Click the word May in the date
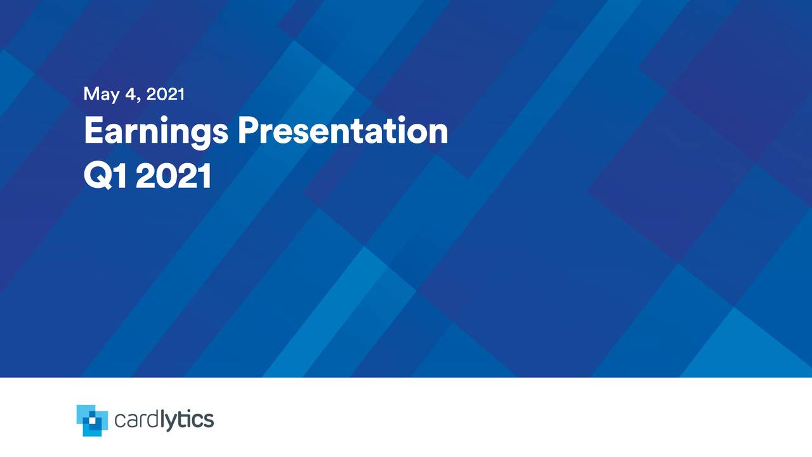[101, 95]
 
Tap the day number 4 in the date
[131, 94]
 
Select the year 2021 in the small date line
[166, 94]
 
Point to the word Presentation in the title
[343, 131]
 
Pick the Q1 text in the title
[105, 176]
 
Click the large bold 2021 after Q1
[173, 176]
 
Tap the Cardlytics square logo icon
[92, 420]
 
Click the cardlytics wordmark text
[164, 420]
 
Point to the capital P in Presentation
[247, 131]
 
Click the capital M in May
[91, 94]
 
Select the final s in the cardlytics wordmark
[208, 421]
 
